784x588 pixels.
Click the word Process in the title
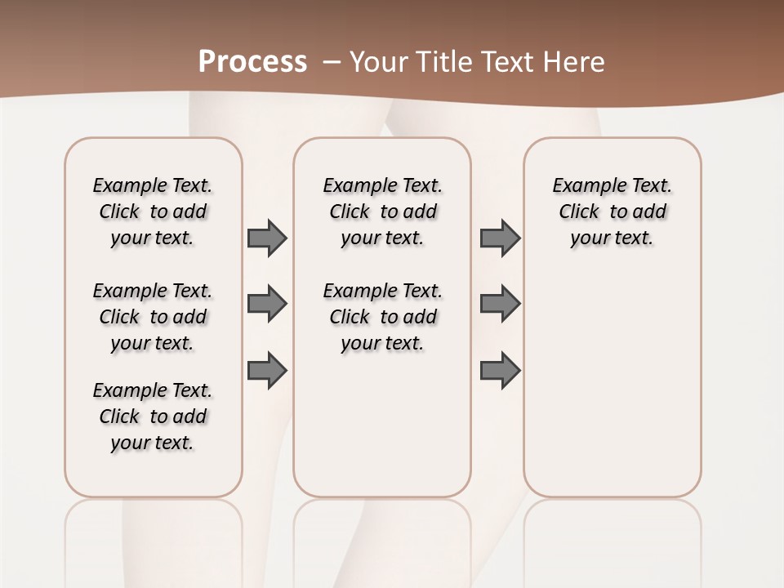252,62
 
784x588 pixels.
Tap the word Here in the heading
575,62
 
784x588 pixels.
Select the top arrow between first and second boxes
267,238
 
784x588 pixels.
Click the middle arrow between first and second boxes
267,304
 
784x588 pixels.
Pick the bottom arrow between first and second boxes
267,371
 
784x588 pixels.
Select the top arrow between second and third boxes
500,238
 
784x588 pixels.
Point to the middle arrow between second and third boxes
500,304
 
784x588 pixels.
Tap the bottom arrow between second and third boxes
500,371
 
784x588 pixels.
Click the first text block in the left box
153,212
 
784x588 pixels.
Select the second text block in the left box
153,317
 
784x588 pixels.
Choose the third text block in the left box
153,416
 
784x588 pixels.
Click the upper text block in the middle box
383,212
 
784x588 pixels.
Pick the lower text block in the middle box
383,317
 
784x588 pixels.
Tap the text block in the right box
612,212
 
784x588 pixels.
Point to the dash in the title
332,62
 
